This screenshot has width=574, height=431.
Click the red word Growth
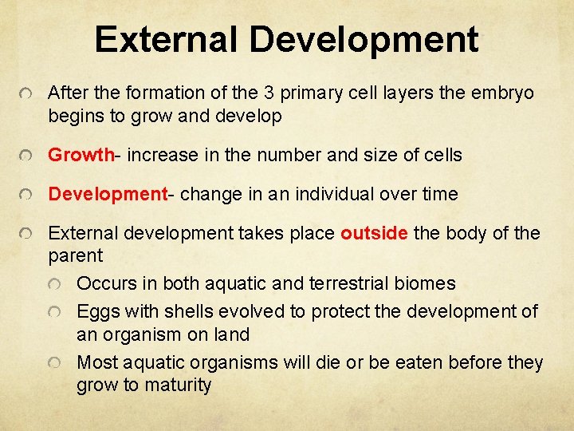pos(81,155)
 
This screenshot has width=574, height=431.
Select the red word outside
pos(375,234)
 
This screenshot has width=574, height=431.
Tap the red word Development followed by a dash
pos(108,194)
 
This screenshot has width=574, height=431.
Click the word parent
pos(76,256)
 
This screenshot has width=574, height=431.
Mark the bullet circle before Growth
pos(26,156)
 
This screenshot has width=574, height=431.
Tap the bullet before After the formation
pos(26,95)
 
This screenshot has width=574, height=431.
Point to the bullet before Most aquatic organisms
pos(53,364)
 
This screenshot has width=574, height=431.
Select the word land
pos(231,334)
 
